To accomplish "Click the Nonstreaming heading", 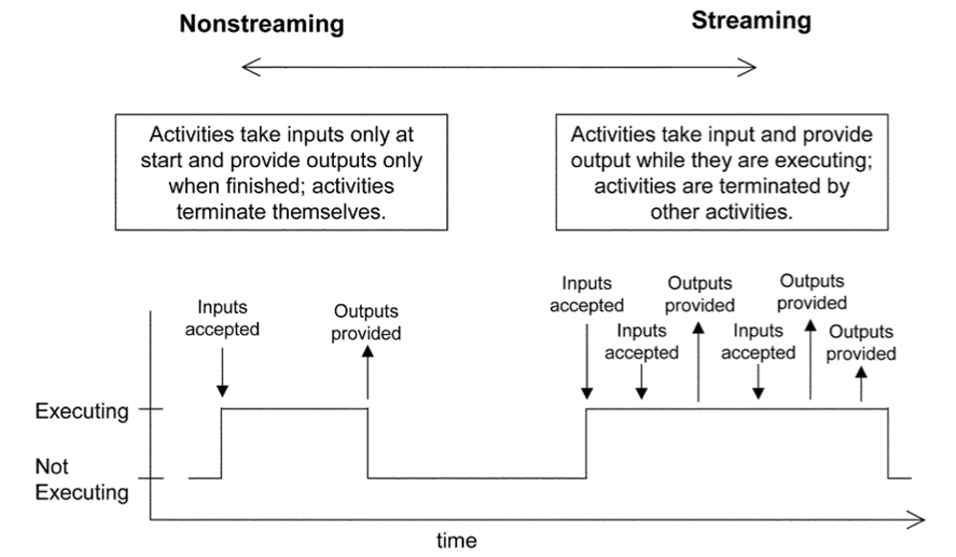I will (x=261, y=25).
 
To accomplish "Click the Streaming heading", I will (x=751, y=20).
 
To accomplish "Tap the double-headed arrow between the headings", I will (x=499, y=66).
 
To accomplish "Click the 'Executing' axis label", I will (x=82, y=411).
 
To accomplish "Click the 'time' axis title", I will (x=456, y=540).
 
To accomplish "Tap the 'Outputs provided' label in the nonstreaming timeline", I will (x=367, y=323).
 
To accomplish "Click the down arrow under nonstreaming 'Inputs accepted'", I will (x=223, y=375).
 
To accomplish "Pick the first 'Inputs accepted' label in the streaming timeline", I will (x=586, y=295).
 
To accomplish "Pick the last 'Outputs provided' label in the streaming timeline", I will (x=861, y=343).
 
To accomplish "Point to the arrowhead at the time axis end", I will (x=917, y=521).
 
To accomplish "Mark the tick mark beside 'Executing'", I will (x=151, y=410).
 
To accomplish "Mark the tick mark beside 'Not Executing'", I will (x=151, y=478).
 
